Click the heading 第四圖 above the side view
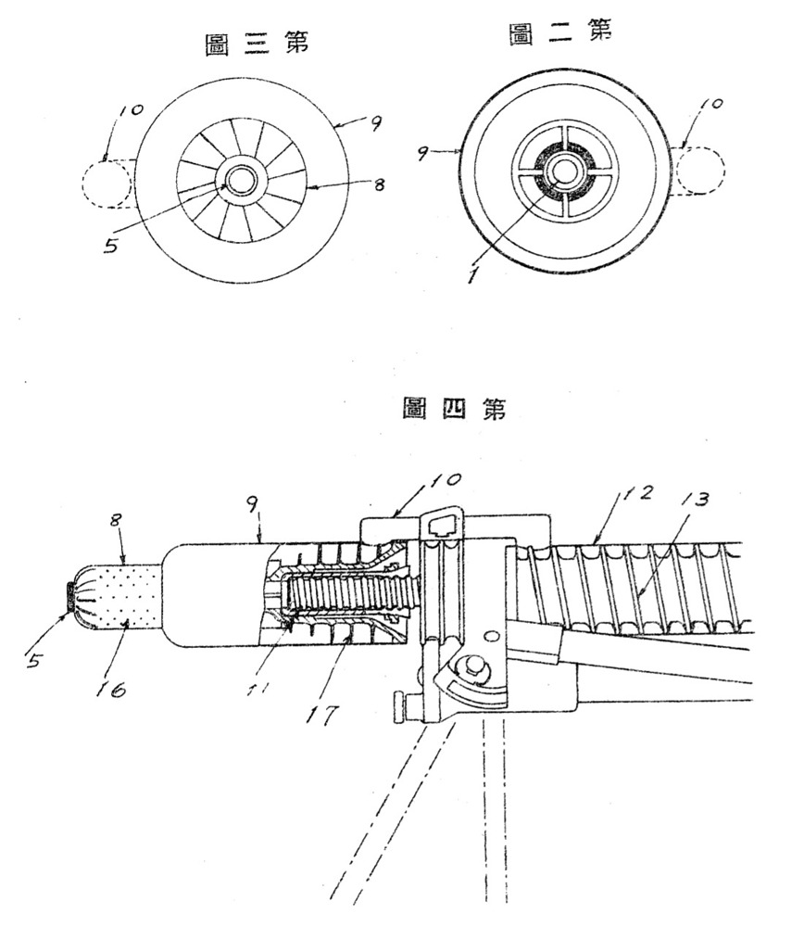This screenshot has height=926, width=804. tap(453, 409)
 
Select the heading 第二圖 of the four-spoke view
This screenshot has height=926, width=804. tap(560, 33)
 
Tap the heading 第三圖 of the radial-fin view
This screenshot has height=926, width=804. tap(257, 44)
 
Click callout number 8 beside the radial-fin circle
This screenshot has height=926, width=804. tap(379, 184)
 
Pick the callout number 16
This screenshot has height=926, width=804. tap(110, 688)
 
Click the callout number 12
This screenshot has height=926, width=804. tap(635, 491)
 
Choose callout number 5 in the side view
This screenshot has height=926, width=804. tap(33, 659)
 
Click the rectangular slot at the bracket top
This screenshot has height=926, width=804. tap(445, 523)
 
